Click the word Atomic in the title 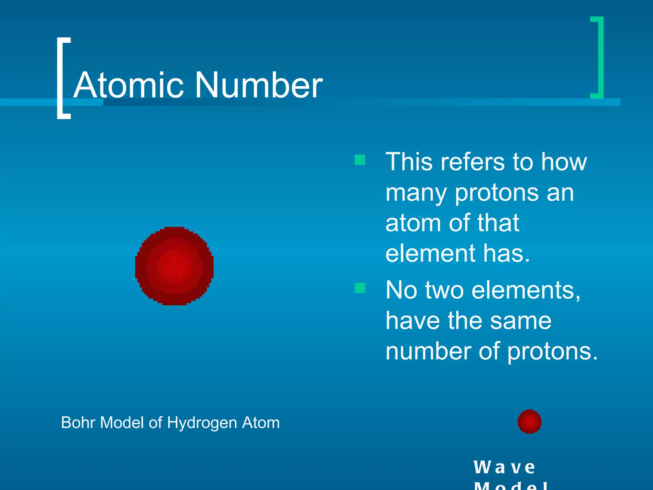[x=129, y=85]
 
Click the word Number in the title [x=259, y=85]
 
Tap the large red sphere [x=174, y=266]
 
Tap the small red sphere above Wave [x=529, y=422]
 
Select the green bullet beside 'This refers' [x=360, y=160]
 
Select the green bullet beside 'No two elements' [x=360, y=288]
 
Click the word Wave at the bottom [x=504, y=468]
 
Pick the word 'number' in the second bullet [x=428, y=351]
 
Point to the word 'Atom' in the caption [x=260, y=422]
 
